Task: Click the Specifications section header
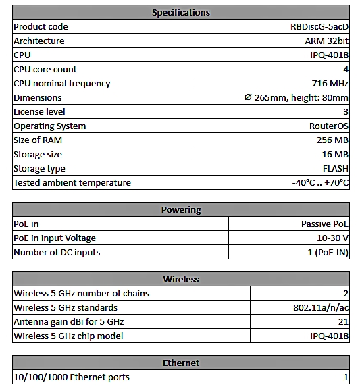(180, 12)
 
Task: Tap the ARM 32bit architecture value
(326, 41)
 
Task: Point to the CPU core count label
(45, 69)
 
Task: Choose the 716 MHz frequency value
(330, 83)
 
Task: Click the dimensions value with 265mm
(297, 97)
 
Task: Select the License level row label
(40, 111)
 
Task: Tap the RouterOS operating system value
(328, 126)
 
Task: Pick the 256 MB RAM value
(332, 140)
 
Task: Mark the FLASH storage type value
(335, 168)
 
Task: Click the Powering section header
(180, 209)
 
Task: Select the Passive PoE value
(324, 224)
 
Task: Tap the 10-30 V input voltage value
(332, 238)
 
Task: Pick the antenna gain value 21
(344, 321)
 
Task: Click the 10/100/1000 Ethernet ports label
(72, 377)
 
